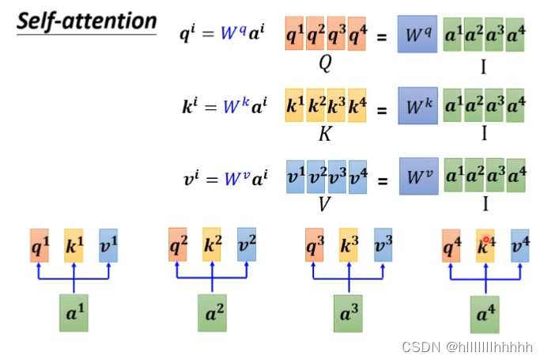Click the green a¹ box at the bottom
(74, 311)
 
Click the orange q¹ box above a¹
(40, 245)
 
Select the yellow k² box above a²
(211, 244)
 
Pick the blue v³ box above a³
(382, 245)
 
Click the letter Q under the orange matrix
(324, 65)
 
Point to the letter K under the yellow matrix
(324, 135)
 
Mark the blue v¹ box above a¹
(108, 245)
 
